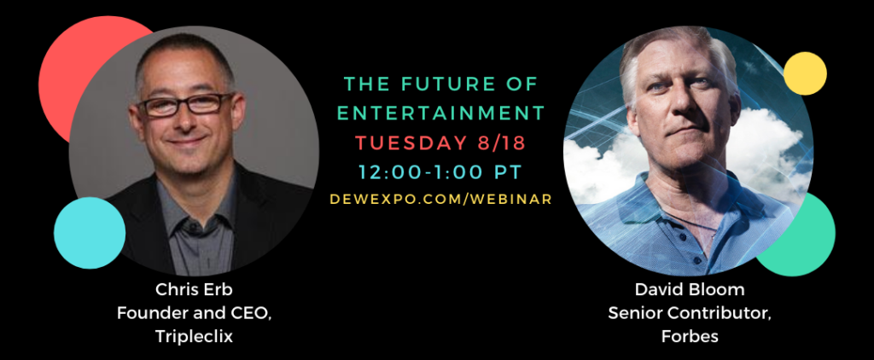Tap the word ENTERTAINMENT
point(441,113)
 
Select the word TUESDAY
point(411,142)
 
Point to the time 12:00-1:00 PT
point(441,172)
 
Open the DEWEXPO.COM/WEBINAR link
point(441,199)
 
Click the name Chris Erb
point(194,290)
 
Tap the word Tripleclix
point(194,337)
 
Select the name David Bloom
point(690,290)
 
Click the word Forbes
point(690,337)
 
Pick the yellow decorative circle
point(805,73)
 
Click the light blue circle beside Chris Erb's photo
point(89,233)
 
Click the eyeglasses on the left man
point(186,104)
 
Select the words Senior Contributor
point(690,313)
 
